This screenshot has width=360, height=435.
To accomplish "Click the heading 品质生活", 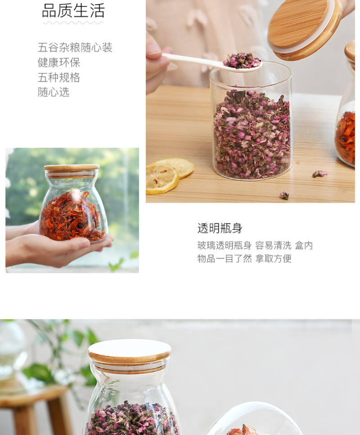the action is tap(73, 10).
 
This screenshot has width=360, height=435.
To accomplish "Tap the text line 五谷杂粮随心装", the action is tap(75, 47).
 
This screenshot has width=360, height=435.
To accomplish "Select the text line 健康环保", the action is tap(59, 63).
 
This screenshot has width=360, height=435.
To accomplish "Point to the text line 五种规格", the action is tap(59, 77).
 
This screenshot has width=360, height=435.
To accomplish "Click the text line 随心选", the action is tap(54, 92).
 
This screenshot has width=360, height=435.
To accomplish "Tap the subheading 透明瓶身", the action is tap(220, 228).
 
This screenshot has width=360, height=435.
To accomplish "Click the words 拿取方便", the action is tap(273, 258).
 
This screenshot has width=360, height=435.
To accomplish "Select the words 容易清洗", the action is tap(273, 245).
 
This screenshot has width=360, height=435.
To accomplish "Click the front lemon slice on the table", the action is tap(162, 179).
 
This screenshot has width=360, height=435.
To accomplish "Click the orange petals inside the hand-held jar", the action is tap(72, 215).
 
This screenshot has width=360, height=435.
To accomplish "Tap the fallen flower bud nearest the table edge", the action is tap(284, 195).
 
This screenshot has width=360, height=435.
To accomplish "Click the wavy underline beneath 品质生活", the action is tap(73, 23).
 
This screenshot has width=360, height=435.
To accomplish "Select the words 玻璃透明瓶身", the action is tap(225, 245).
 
